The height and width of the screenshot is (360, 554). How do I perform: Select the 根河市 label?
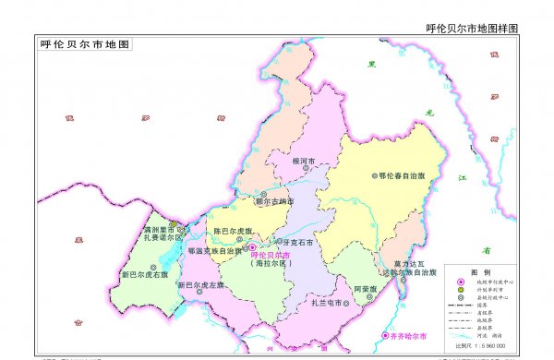pyautogui.click(x=303, y=162)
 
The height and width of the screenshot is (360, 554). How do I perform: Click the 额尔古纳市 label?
pyautogui.click(x=274, y=200)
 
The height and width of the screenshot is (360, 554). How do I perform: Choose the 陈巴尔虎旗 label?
pyautogui.click(x=233, y=230)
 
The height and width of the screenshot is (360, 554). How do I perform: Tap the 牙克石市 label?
pyautogui.click(x=297, y=243)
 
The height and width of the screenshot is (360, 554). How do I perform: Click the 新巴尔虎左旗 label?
pyautogui.click(x=201, y=286)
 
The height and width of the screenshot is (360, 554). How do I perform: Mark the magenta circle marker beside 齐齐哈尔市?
pyautogui.click(x=386, y=335)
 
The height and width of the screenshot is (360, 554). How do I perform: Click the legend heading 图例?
pyautogui.click(x=481, y=272)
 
